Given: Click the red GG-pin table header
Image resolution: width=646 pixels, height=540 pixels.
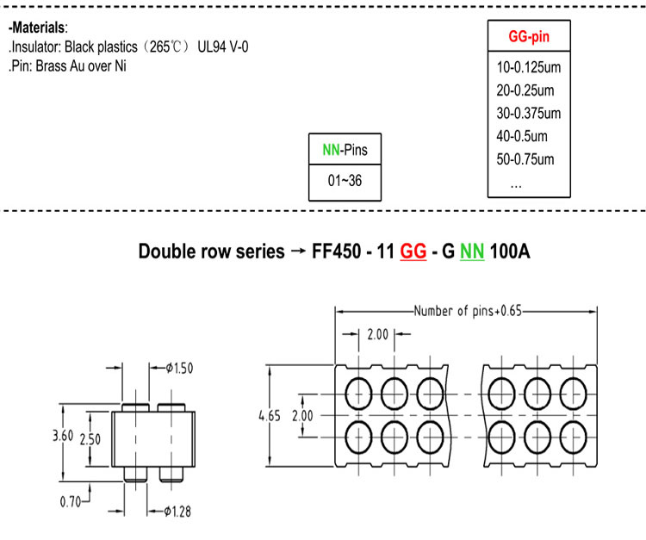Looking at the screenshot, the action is (x=529, y=36).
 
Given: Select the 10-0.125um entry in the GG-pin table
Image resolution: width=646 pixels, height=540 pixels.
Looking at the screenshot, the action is (x=529, y=67).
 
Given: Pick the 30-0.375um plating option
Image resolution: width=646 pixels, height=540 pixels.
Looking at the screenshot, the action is (x=529, y=114).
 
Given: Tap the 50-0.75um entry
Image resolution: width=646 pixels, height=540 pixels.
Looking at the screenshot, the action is (x=525, y=159).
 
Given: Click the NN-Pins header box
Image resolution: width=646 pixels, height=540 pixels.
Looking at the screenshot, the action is (x=345, y=149).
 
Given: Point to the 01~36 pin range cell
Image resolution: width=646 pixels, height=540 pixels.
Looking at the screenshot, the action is (x=345, y=180).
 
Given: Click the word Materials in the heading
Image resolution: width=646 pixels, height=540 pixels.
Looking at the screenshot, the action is (x=38, y=28).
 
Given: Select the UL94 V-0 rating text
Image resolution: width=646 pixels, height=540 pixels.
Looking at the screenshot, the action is (x=223, y=47).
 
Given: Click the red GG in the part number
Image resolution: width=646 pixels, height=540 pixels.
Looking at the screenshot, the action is (x=413, y=251).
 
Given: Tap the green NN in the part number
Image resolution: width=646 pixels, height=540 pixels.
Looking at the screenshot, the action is (x=472, y=251).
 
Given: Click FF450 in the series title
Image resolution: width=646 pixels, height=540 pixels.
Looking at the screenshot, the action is (x=336, y=251).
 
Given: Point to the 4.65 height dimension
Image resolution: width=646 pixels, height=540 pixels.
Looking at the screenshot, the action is (x=270, y=416).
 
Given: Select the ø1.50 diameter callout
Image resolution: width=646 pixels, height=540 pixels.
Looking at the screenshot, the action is (x=180, y=368).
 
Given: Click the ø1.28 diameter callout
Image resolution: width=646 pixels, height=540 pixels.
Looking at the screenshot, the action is (x=177, y=512).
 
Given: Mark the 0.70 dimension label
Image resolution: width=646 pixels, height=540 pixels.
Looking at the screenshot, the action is (x=71, y=502).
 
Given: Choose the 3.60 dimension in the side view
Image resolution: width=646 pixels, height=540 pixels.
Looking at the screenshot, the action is (x=63, y=436).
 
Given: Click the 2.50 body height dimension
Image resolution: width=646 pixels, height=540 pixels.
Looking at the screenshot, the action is (x=90, y=439).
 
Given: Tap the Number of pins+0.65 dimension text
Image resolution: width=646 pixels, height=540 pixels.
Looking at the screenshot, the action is (x=468, y=311).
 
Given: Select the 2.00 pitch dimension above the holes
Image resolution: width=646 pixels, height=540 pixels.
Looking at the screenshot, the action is (x=378, y=334).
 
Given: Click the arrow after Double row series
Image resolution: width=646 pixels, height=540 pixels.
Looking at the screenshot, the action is (x=298, y=251).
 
